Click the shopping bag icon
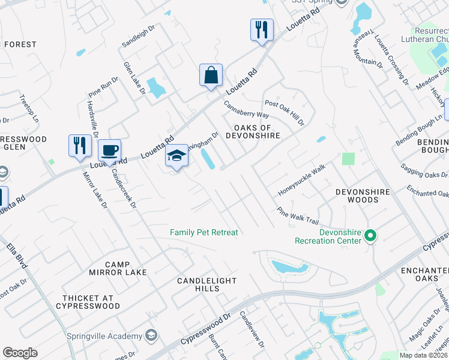click(211, 76)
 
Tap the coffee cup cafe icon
click(109, 150)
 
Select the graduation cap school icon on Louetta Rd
click(177, 156)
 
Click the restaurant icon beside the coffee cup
click(80, 146)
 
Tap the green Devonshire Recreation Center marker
click(370, 236)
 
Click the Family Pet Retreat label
click(204, 232)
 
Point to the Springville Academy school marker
click(151, 335)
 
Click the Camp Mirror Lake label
click(125, 268)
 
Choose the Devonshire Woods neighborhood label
click(362, 196)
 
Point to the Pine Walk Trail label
click(297, 216)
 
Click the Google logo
click(20, 353)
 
